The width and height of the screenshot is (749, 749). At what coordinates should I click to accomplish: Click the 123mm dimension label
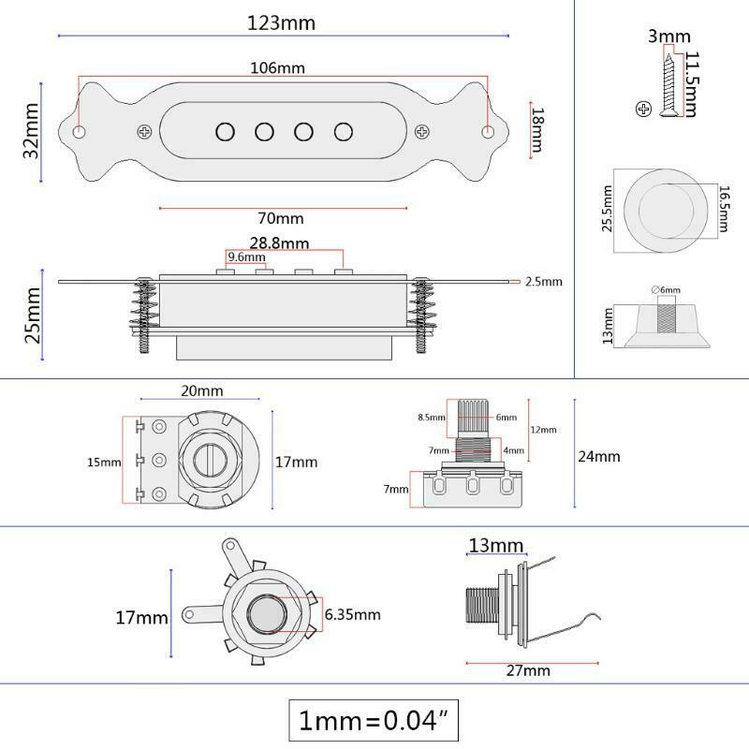[x=281, y=22]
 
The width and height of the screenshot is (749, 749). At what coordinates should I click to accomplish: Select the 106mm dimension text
[x=277, y=67]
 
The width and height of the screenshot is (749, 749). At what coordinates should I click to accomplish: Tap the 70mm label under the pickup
[x=280, y=218]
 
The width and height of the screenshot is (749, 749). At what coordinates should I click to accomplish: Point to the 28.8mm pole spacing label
[x=279, y=243]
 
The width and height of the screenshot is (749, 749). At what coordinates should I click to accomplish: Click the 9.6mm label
[x=246, y=257]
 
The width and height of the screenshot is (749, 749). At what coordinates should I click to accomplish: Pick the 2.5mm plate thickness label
[x=544, y=282]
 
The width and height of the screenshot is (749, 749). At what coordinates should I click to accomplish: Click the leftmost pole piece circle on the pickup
[x=225, y=132]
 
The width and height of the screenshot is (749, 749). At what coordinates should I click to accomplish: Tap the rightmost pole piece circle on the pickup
[x=344, y=132]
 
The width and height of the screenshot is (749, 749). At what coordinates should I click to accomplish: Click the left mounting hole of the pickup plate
[x=79, y=131]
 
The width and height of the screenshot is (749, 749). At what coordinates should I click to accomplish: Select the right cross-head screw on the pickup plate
[x=422, y=131]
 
